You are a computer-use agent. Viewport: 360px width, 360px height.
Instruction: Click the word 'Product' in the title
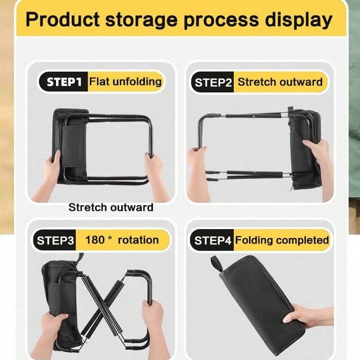coord(63,20)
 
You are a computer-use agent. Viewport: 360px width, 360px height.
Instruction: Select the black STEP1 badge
coord(63,82)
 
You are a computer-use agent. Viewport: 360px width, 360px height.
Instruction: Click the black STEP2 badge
coord(212,82)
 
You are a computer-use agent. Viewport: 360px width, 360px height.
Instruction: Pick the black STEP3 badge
coord(54,240)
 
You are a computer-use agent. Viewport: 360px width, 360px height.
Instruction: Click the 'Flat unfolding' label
coord(126,81)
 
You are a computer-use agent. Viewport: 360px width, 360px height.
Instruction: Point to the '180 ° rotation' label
coord(122,240)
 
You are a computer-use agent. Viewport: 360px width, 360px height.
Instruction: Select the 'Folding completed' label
coord(282,240)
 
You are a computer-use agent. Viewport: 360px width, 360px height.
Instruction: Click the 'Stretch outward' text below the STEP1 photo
coord(111,207)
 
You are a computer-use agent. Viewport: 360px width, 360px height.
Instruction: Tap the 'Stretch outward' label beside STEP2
coord(280,82)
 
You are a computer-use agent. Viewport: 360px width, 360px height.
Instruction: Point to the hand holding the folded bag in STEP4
coord(308,316)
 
